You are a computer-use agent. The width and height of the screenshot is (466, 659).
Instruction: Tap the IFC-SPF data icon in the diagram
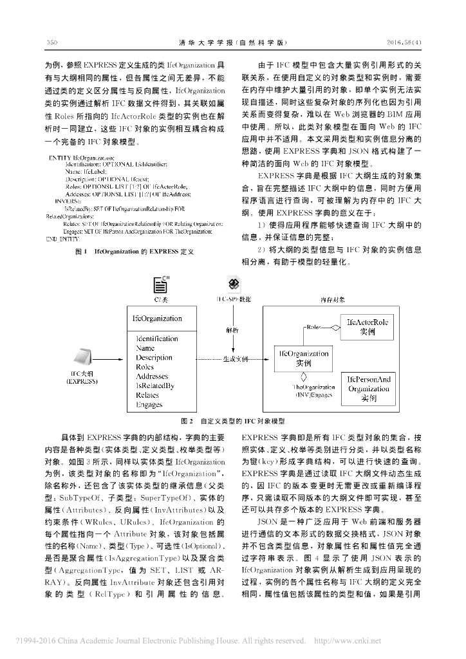pyautogui.click(x=234, y=284)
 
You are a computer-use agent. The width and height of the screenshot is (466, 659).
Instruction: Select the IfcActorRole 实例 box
pyautogui.click(x=368, y=328)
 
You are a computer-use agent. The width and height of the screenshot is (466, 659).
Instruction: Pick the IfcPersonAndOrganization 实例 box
pyautogui.click(x=369, y=389)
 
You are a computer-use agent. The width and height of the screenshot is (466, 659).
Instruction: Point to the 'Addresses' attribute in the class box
pyautogui.click(x=152, y=376)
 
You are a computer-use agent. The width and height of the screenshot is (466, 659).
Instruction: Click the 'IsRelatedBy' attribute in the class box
pyautogui.click(x=155, y=386)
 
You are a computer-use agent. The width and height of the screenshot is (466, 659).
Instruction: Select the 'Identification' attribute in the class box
pyautogui.click(x=157, y=339)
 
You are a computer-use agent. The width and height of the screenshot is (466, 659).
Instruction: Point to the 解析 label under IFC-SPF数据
pyautogui.click(x=233, y=329)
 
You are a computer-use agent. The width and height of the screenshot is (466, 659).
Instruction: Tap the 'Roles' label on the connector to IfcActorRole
pyautogui.click(x=314, y=328)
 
